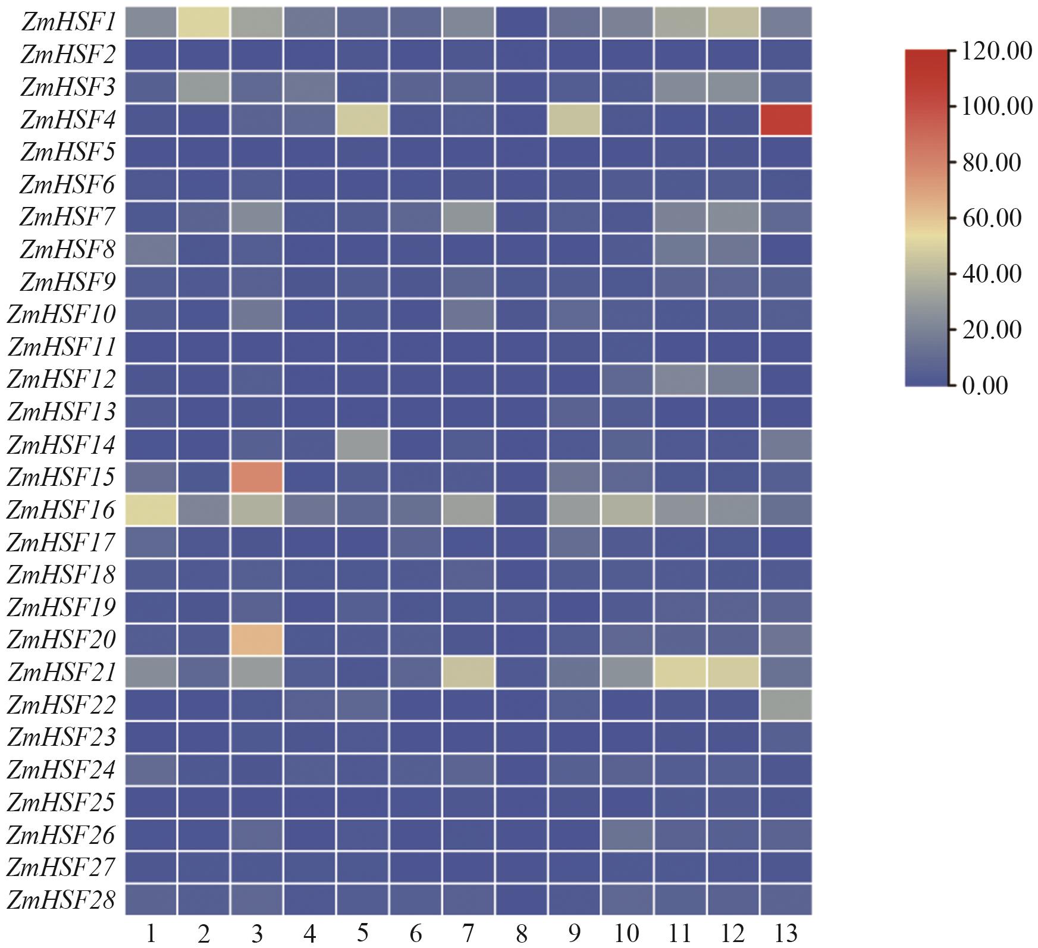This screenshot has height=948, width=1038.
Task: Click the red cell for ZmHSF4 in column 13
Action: (786, 120)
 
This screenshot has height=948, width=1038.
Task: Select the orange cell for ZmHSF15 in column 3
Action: (256, 477)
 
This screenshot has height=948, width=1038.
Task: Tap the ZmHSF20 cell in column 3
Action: (256, 639)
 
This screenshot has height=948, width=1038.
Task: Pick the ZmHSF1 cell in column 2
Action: (203, 22)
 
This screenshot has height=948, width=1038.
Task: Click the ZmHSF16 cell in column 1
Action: (151, 510)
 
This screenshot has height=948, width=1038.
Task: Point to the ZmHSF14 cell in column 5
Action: (362, 444)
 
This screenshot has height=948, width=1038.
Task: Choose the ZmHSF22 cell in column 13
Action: (786, 705)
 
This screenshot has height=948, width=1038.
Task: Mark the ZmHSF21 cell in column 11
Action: (679, 672)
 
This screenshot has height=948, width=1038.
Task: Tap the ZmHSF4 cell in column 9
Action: (573, 120)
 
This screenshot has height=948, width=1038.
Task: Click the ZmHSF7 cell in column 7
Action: (468, 217)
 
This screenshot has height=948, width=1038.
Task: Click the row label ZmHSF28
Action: (61, 900)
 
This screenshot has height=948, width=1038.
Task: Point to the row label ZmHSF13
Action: (61, 412)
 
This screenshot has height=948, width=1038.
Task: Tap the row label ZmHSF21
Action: (61, 673)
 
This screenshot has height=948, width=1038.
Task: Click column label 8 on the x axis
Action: (521, 934)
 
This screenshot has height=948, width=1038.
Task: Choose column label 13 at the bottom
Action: (786, 934)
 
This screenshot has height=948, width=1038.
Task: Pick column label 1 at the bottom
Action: (151, 934)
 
